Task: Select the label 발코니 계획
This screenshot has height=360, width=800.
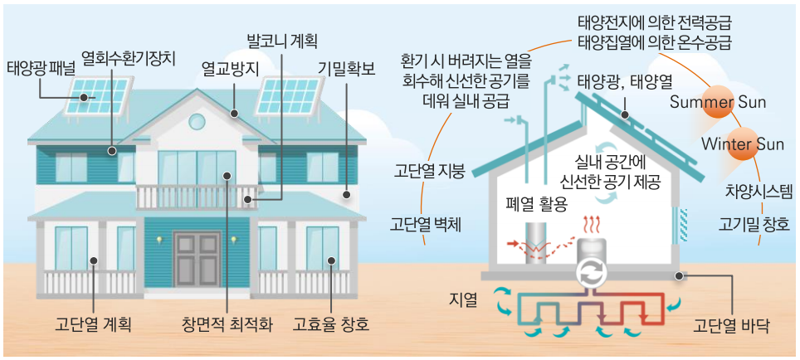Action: (x=282, y=40)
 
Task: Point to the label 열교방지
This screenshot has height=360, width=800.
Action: (x=230, y=66)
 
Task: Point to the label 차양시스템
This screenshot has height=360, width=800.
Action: (x=759, y=192)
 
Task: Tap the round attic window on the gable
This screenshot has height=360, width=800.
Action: (x=198, y=122)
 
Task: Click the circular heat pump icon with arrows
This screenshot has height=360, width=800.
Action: (x=593, y=273)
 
